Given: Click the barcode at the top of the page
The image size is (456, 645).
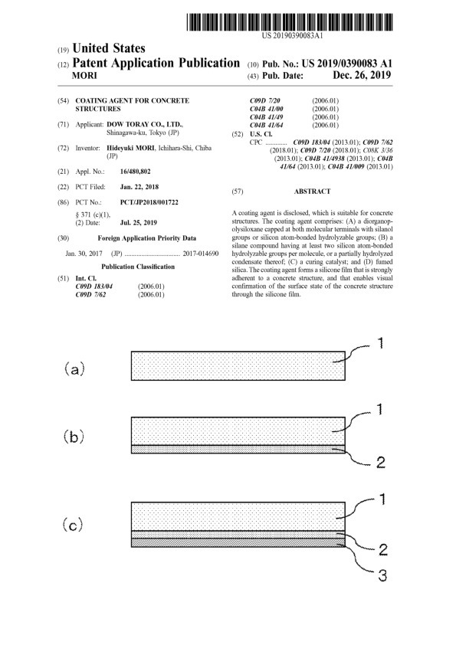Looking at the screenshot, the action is [x=290, y=22].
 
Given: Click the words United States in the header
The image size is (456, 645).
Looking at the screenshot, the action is [x=109, y=48].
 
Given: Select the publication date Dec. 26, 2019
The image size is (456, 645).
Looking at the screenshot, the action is [x=362, y=75].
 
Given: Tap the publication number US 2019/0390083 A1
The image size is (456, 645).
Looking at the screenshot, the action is [x=347, y=64].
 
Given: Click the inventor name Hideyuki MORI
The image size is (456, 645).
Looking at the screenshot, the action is [x=130, y=148].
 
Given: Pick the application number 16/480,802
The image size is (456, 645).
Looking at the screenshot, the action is [x=136, y=172].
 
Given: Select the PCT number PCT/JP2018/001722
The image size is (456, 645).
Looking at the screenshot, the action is [x=149, y=202].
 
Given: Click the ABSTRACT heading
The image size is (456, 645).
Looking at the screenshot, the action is [x=313, y=192].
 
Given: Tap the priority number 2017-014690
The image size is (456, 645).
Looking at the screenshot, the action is [x=201, y=254].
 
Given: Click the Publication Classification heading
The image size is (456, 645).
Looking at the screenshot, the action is [x=138, y=267].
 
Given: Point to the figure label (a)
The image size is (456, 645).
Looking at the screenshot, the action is [x=74, y=369].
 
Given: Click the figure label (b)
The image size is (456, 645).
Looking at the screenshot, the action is [x=74, y=436].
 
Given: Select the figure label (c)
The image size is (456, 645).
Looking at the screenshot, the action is [x=73, y=525].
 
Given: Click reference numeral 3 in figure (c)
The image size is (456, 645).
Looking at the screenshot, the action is [x=382, y=575].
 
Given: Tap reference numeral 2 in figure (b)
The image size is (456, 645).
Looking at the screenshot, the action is [x=381, y=463].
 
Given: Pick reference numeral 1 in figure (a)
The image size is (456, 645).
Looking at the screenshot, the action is [x=381, y=343].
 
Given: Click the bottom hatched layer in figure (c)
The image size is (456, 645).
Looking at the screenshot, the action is [x=238, y=543].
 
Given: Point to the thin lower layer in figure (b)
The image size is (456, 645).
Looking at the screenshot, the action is [x=238, y=449].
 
